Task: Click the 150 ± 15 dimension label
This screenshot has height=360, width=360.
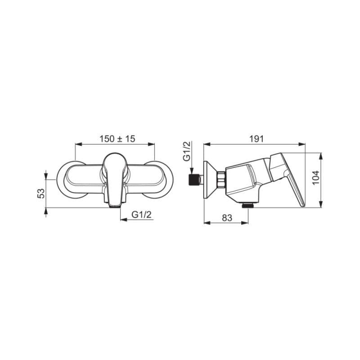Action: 117,139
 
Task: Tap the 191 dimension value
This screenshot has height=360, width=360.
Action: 256,139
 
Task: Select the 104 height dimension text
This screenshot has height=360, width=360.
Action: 316,177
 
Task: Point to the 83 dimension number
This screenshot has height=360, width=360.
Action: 227,218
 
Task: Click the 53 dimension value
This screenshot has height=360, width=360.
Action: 41,193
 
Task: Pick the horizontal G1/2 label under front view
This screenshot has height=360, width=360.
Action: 142,215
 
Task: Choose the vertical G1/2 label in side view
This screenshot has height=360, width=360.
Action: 187,151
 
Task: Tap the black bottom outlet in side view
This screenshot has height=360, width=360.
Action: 248,205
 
